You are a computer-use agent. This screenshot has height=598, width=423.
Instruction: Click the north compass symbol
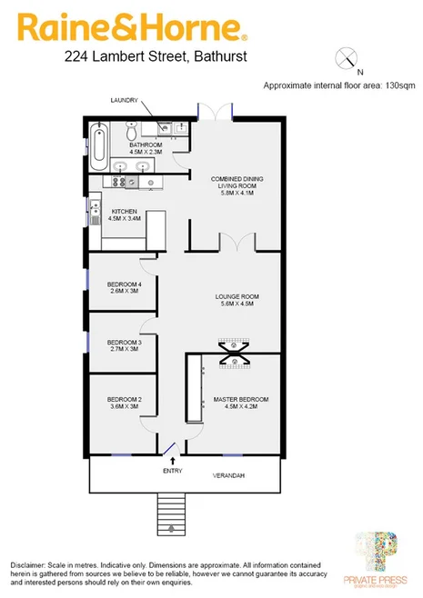tap(347, 60)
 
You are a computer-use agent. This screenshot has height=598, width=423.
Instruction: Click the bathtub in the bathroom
tap(101, 143)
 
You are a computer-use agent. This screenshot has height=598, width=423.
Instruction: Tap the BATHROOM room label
tap(145, 145)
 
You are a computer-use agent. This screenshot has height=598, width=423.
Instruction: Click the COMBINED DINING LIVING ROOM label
tap(236, 184)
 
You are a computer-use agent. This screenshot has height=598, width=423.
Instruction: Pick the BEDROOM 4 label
tap(123, 284)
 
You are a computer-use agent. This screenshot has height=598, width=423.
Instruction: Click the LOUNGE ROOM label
tap(237, 297)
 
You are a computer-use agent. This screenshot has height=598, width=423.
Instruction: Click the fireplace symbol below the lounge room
tap(233, 351)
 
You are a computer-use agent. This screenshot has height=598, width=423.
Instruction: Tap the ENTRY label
tap(172, 471)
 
